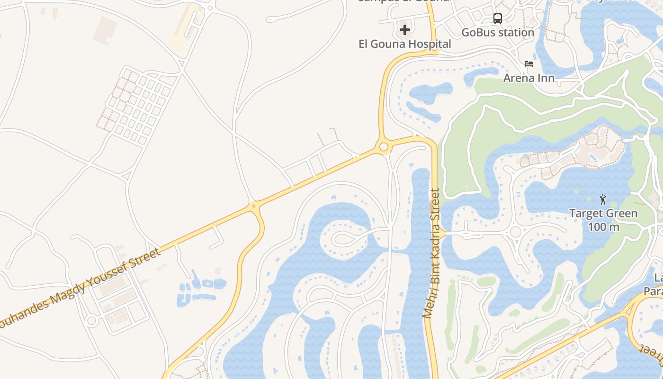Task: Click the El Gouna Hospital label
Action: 404,44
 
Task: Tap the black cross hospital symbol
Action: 404,30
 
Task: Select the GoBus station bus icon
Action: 497,18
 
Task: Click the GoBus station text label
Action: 498,33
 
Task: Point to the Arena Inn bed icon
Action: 529,64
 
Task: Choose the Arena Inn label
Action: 529,78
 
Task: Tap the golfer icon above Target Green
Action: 603,199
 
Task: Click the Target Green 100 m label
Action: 603,220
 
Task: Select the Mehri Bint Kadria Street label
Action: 432,253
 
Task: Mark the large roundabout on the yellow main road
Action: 384,147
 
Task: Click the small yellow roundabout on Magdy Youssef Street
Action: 254,206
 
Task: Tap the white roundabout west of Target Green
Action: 515,232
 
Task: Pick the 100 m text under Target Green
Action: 603,227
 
